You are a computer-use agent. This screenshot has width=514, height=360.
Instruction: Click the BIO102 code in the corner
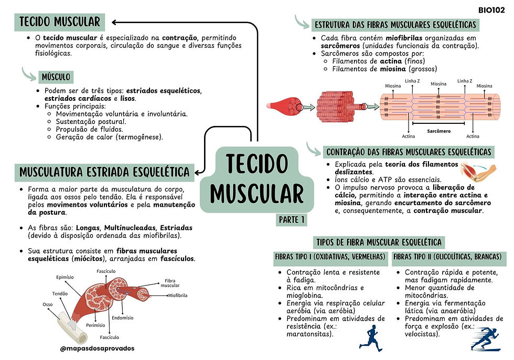point(491,9)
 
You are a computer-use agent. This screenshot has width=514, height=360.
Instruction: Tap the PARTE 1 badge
point(292,219)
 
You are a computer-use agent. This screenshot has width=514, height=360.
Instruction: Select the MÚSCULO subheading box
point(56,78)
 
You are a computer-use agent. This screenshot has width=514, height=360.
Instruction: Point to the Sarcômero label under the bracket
point(438,131)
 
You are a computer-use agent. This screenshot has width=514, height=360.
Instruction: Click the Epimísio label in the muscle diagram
point(66,278)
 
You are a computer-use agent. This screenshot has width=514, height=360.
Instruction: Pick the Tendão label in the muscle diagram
point(59,293)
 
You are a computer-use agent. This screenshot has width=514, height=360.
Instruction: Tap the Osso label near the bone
point(47,304)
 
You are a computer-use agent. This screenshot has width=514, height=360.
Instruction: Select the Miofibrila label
point(178,295)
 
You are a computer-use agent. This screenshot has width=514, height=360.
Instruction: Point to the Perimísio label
point(95,325)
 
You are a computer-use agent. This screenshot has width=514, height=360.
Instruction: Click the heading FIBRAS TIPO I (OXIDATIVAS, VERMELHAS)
point(331,257)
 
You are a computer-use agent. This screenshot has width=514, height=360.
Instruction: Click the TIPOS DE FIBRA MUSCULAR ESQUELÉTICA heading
point(379,242)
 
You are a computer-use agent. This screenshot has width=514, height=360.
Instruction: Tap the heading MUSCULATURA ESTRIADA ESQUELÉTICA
point(104,172)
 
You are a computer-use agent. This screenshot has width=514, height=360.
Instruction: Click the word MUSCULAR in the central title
point(257,193)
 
